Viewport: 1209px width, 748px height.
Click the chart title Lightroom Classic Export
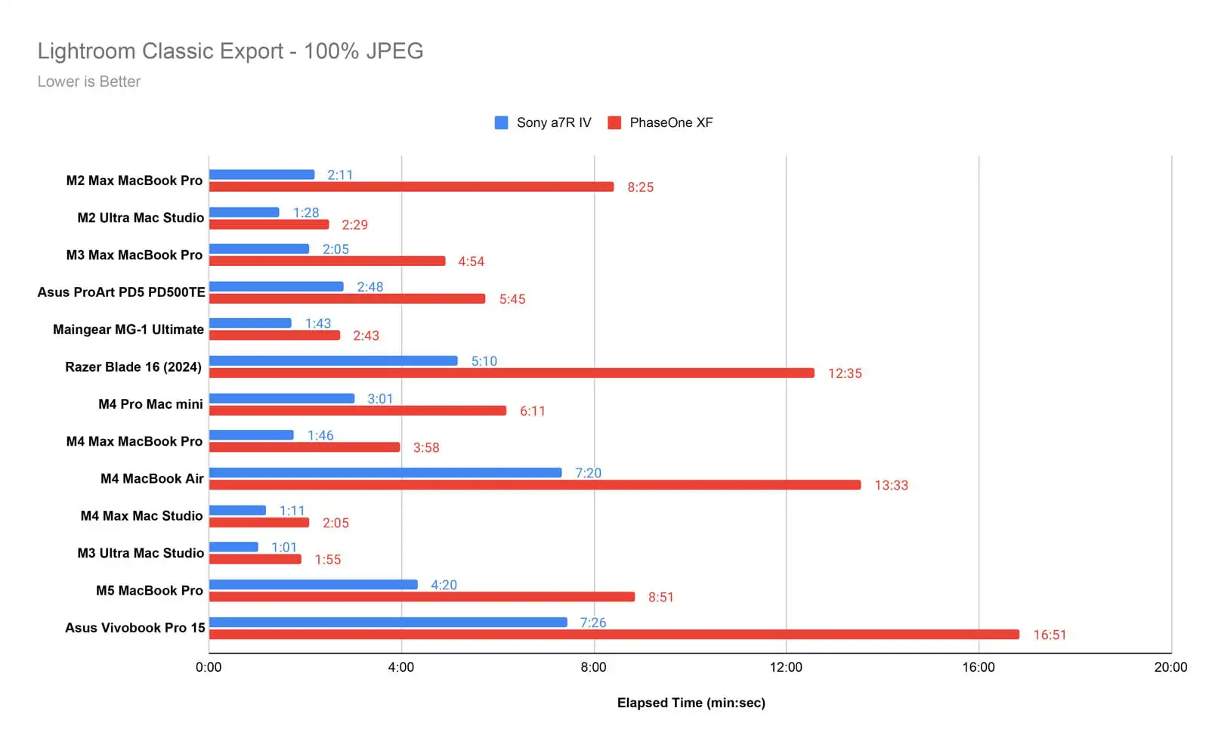(230, 51)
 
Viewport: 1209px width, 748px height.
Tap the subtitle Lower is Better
(89, 82)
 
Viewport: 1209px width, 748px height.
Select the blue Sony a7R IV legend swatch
(501, 122)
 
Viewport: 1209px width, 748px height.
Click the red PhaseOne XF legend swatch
(614, 122)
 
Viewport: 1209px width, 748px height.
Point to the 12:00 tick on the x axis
(786, 667)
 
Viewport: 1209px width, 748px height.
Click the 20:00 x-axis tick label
(1170, 667)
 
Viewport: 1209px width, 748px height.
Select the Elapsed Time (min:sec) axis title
(691, 703)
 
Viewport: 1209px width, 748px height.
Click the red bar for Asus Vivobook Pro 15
(614, 635)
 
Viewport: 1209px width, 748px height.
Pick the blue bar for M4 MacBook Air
(385, 473)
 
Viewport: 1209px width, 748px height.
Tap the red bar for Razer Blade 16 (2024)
(512, 373)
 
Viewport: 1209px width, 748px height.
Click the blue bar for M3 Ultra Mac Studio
(233, 547)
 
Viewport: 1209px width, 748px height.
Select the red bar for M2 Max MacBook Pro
(411, 187)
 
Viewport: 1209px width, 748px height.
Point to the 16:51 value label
(1050, 635)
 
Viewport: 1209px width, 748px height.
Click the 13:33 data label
(891, 485)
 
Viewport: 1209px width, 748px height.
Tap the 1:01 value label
(284, 547)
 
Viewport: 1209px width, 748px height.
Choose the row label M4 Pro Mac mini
(150, 404)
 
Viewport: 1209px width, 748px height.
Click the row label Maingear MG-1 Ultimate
(128, 329)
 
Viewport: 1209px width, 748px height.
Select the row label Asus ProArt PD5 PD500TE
(121, 292)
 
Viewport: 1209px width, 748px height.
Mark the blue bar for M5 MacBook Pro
(313, 585)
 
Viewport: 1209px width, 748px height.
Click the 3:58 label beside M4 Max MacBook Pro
(426, 447)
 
